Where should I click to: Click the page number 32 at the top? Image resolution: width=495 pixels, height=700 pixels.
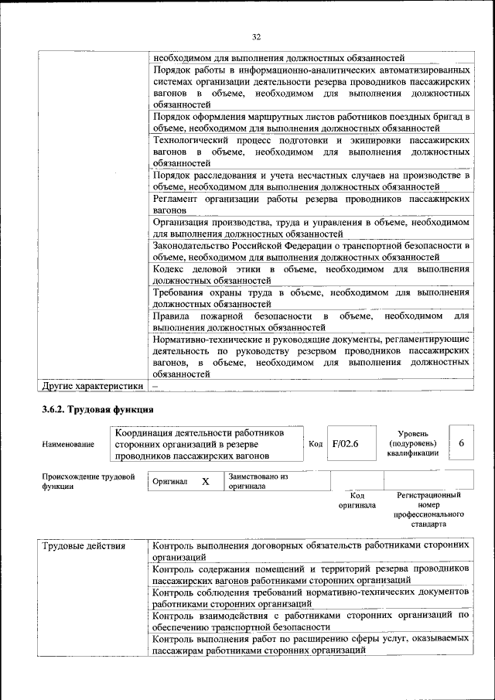[256, 36]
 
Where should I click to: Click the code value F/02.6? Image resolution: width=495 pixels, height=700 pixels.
[345, 444]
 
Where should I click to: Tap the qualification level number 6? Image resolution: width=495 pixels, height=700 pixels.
[462, 443]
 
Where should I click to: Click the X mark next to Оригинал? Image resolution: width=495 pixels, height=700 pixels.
[206, 481]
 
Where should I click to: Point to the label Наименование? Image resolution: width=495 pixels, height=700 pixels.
[69, 444]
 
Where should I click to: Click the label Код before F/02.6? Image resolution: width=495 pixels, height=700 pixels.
[316, 444]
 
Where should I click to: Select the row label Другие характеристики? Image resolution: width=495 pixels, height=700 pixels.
[93, 384]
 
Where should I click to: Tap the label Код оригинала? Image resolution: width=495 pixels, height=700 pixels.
[357, 500]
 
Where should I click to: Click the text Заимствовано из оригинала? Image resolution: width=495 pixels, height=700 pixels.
[258, 482]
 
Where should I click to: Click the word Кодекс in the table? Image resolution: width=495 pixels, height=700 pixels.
[171, 268]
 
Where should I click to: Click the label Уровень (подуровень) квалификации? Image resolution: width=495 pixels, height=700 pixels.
[413, 444]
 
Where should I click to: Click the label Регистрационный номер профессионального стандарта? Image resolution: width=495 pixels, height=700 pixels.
[428, 508]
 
